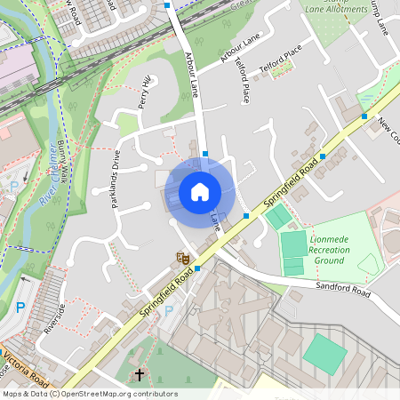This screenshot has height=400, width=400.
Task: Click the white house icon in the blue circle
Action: point(199,191)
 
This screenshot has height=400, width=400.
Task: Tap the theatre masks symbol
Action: point(181,258)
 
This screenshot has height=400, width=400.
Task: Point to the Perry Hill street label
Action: point(145,92)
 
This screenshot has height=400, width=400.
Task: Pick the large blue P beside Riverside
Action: point(20,308)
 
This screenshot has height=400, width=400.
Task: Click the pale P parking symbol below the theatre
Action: point(169,310)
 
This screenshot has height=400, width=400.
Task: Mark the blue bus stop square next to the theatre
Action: point(197,268)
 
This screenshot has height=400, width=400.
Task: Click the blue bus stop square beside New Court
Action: point(364,116)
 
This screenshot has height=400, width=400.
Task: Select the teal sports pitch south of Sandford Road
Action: point(324,353)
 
